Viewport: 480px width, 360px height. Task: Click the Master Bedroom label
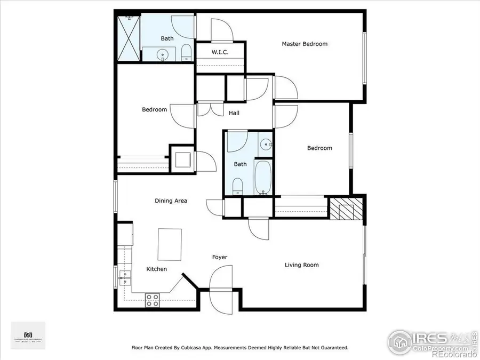[x=305, y=44]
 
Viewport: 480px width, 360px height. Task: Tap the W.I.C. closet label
[x=221, y=52]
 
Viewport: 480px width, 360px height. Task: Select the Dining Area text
[x=171, y=201]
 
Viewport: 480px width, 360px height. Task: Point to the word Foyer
[x=220, y=258]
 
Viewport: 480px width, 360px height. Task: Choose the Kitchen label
[x=156, y=269]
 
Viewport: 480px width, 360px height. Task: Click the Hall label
[x=234, y=113]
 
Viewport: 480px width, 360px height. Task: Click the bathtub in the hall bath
[x=263, y=177]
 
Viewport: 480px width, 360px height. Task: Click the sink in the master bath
[x=162, y=54]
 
